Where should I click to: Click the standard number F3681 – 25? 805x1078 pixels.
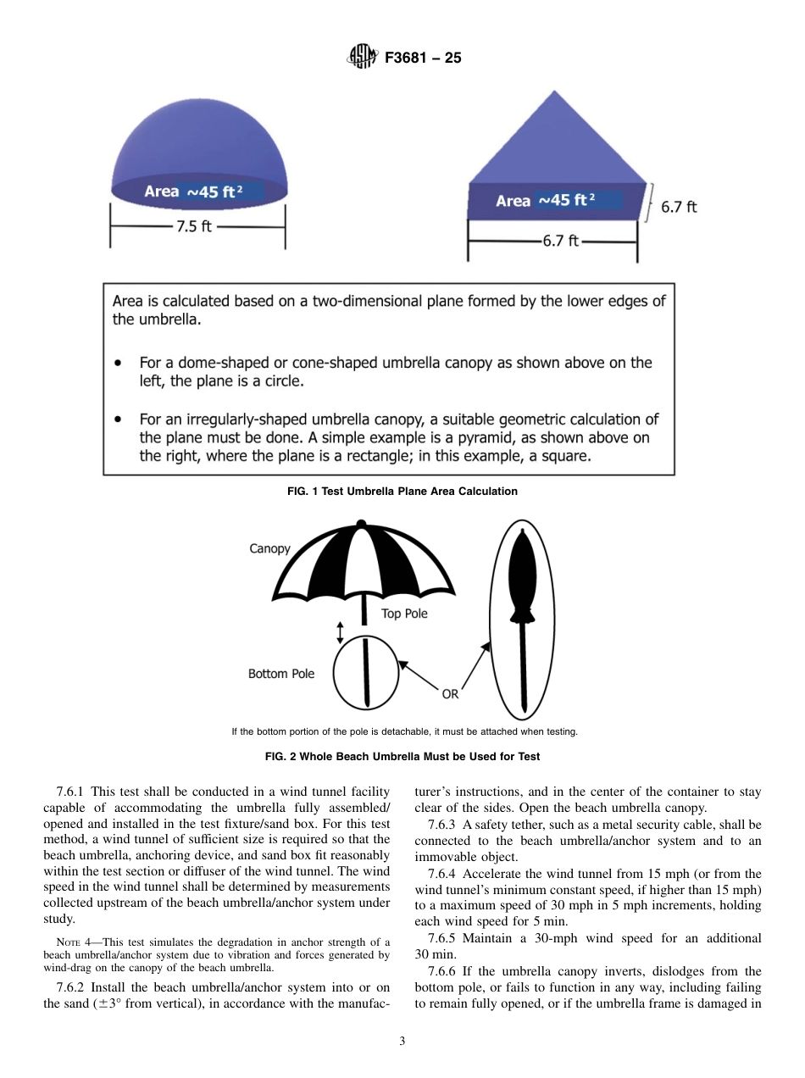point(423,58)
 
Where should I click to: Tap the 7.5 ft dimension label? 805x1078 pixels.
point(194,227)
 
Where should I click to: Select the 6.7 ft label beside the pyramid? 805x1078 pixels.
point(679,207)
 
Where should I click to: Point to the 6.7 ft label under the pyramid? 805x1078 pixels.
point(560,241)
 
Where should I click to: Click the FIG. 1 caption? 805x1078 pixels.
point(402,492)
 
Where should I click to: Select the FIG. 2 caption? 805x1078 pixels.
point(402,756)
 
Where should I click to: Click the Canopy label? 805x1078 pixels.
point(269,548)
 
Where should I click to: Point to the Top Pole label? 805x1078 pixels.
point(404,614)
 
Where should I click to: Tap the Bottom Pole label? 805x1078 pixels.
point(280,674)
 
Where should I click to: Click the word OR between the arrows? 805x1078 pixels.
point(450,694)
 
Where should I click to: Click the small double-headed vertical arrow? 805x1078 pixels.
point(340,632)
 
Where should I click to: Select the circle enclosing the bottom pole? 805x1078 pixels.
point(365,672)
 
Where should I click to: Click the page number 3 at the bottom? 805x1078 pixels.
point(402,1041)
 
